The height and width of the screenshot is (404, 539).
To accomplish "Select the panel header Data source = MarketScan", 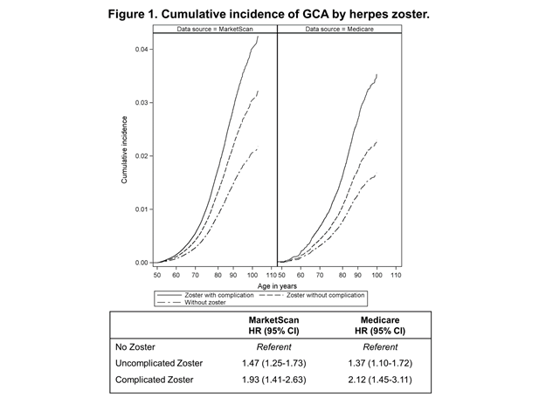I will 215,30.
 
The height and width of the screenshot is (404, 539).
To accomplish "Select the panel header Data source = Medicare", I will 339,30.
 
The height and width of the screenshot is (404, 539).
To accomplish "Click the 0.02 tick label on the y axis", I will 142,155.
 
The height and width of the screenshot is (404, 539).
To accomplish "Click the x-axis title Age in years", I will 278,285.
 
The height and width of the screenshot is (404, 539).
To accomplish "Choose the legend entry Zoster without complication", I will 342,296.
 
